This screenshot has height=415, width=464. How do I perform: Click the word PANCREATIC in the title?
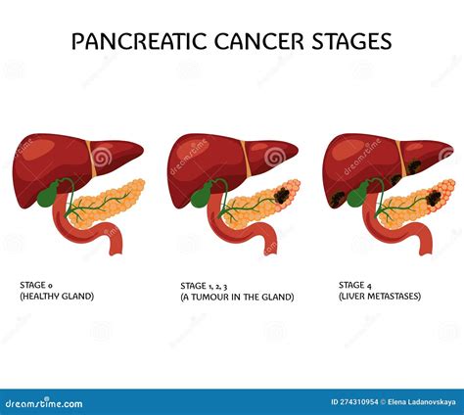tap(136, 41)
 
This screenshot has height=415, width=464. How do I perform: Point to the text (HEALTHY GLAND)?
tap(58, 297)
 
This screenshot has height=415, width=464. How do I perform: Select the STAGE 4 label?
tap(355, 286)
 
